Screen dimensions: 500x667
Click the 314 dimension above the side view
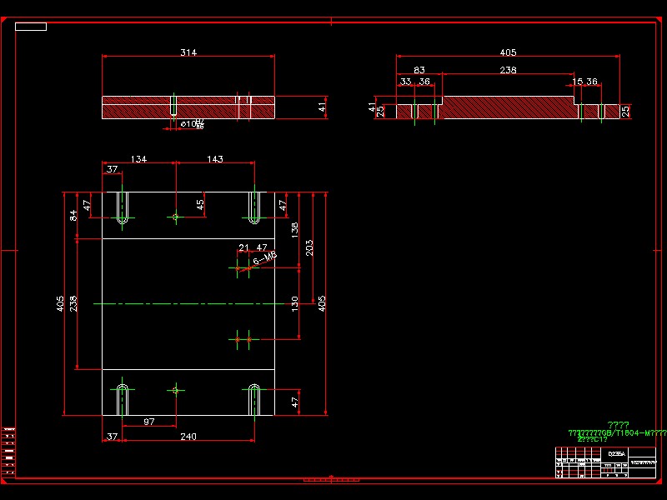[188, 52]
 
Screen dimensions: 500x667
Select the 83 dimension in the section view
[419, 70]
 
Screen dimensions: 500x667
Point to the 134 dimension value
[138, 159]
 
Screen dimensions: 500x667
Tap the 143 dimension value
[215, 159]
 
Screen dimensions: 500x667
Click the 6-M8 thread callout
[264, 261]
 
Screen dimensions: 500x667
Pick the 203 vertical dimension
[309, 248]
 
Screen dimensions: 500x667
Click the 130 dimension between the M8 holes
[294, 302]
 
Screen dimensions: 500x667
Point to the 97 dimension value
[148, 422]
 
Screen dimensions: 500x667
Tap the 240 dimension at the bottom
[188, 437]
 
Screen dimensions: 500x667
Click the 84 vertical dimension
[73, 215]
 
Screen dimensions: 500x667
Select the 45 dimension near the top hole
[200, 204]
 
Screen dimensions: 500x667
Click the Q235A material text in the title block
[615, 454]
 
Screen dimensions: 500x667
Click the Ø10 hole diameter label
[191, 124]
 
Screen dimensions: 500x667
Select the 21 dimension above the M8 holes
[243, 247]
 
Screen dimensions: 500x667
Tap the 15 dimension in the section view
[578, 82]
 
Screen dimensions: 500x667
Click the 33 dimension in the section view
[406, 82]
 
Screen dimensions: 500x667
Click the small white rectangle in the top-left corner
[31, 27]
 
